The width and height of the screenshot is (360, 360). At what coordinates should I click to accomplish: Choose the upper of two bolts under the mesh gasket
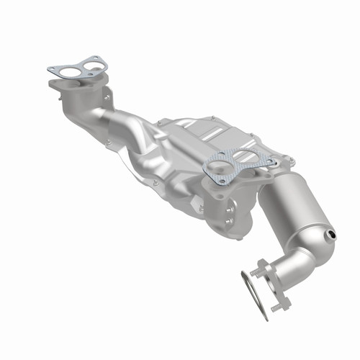[229, 204]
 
